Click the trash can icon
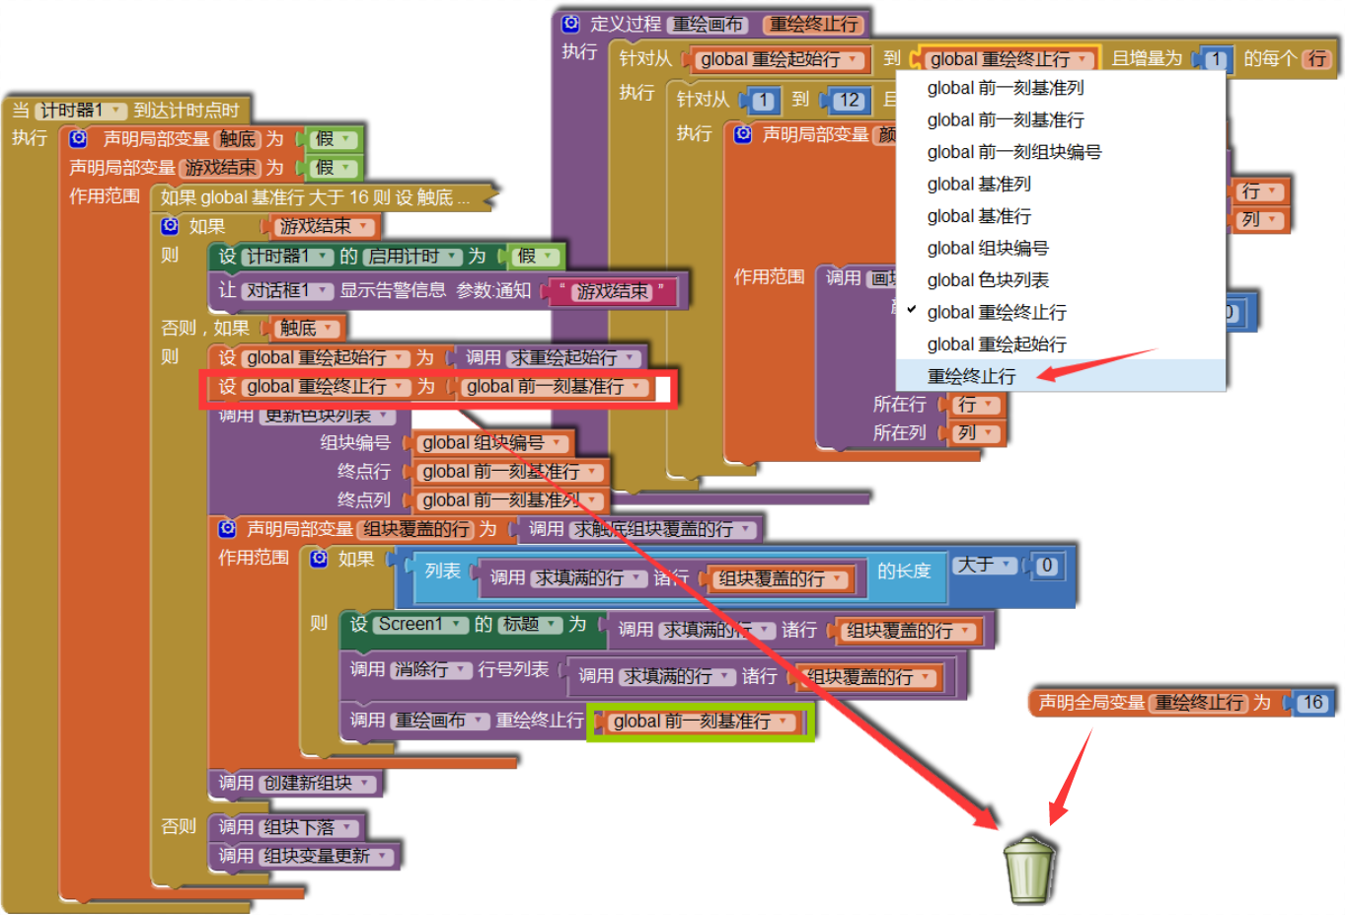pos(1029,870)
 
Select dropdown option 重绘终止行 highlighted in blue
pos(971,376)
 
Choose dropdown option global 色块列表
pos(988,280)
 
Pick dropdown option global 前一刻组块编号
pos(1013,152)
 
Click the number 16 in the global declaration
pos(1311,703)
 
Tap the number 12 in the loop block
pos(849,100)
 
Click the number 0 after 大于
pos(1047,566)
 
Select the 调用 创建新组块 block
pos(295,783)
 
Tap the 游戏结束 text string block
pos(613,291)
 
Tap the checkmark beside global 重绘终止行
pos(912,310)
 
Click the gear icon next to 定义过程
pos(570,24)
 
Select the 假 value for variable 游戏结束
pos(332,168)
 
